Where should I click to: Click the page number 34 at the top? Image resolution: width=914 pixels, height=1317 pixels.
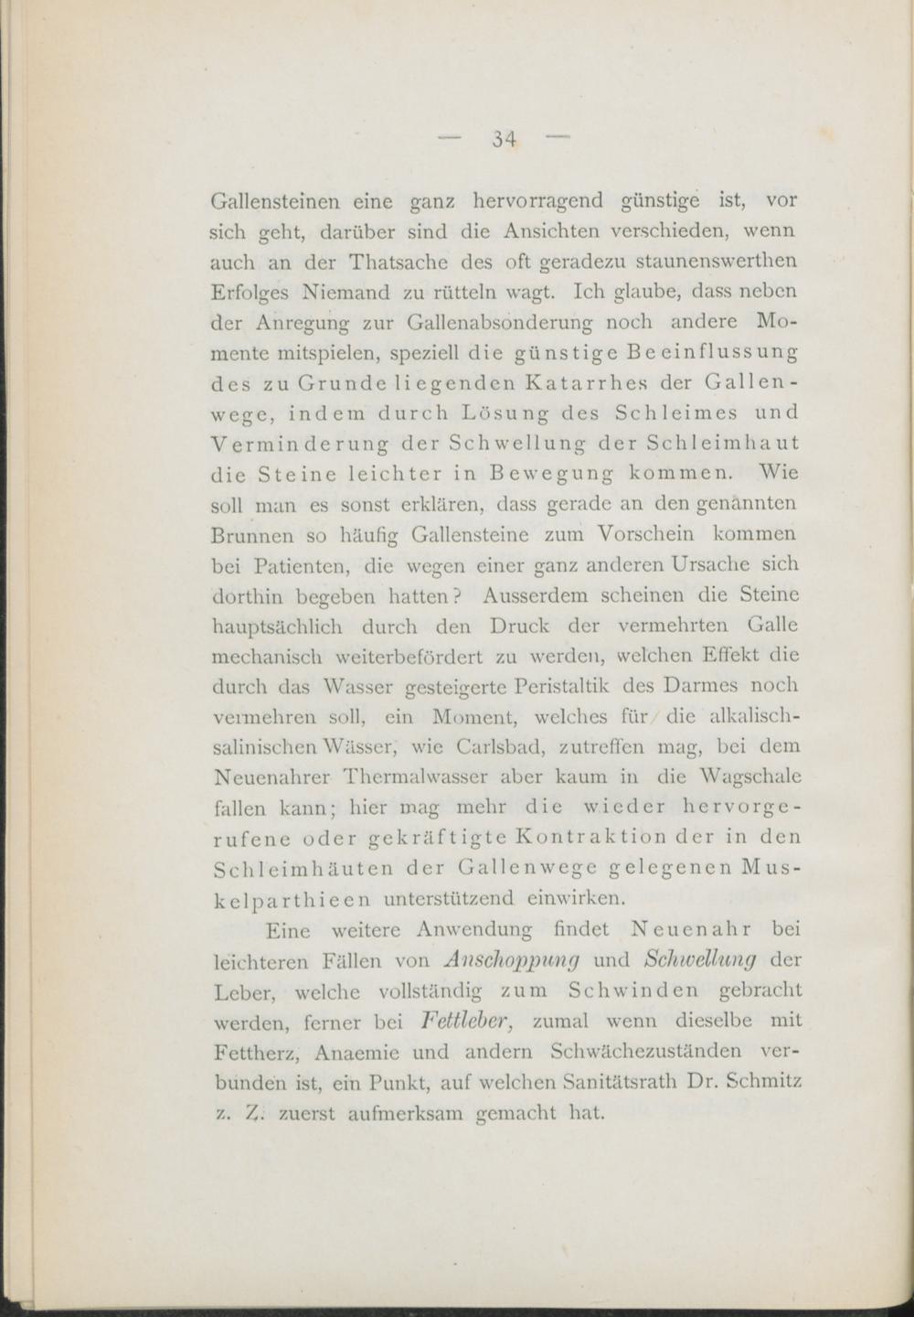click(x=505, y=139)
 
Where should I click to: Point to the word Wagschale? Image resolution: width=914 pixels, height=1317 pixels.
click(x=746, y=776)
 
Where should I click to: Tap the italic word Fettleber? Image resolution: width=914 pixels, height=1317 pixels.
click(x=470, y=1020)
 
